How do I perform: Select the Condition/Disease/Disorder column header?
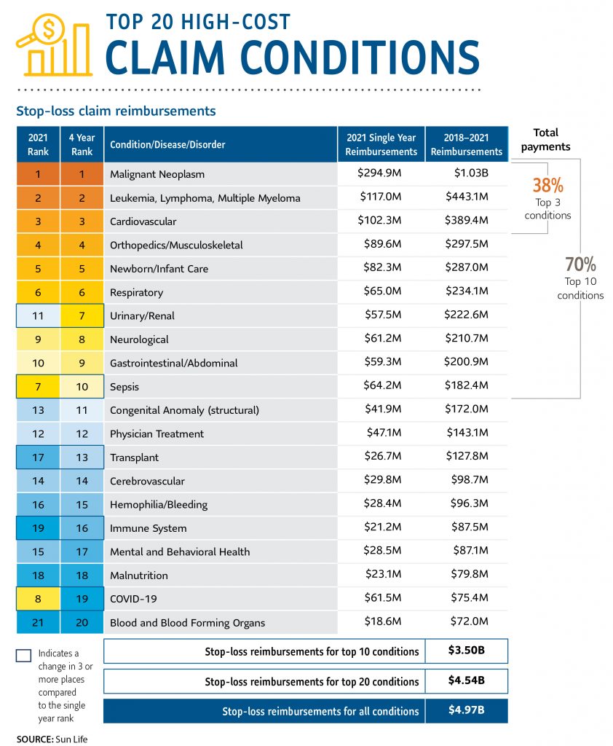tap(167, 144)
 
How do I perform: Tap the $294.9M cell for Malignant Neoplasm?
tap(381, 174)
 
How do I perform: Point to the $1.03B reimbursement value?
tap(467, 174)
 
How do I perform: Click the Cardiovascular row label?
tap(143, 221)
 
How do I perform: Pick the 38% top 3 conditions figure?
tap(547, 185)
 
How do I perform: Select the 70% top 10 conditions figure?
tap(580, 264)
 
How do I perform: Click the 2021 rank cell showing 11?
tap(38, 315)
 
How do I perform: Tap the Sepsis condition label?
tap(124, 387)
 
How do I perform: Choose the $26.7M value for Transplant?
tap(381, 458)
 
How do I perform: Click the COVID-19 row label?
tap(133, 599)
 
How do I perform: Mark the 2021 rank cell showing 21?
tap(38, 622)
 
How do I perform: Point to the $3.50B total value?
tap(466, 651)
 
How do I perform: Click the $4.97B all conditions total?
tap(466, 710)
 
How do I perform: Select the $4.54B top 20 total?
tap(466, 681)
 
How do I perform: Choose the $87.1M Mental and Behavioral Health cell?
tap(467, 551)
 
